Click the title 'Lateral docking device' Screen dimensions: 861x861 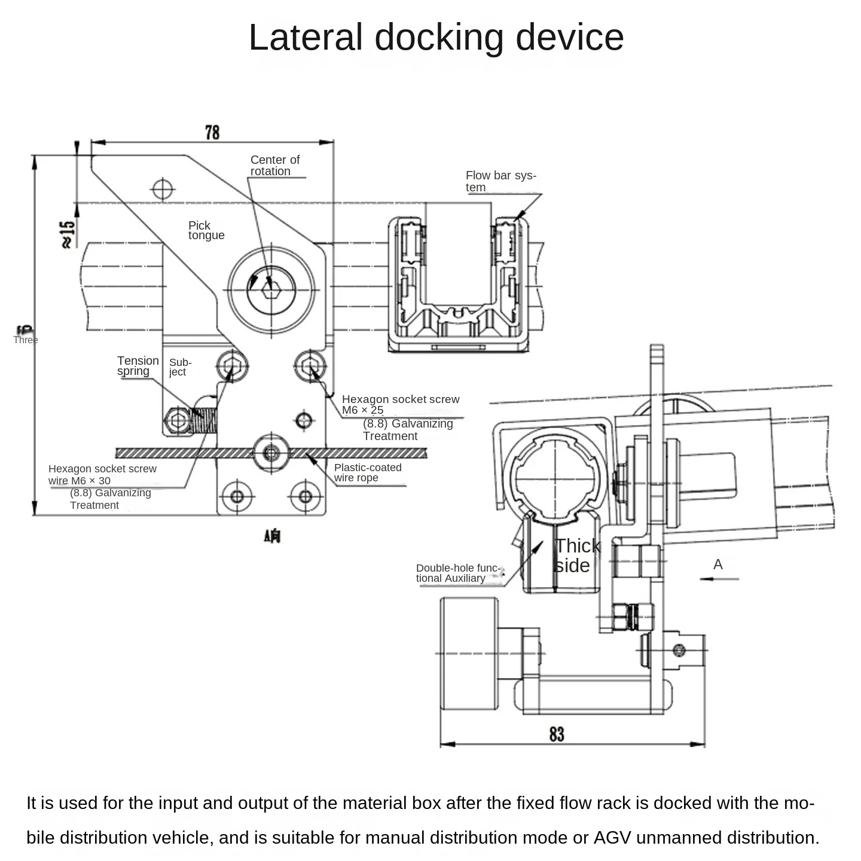point(436,37)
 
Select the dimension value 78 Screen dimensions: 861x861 point(212,132)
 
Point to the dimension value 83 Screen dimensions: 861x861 point(556,734)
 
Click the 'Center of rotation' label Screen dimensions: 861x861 point(274,166)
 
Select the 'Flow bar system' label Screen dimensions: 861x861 point(500,181)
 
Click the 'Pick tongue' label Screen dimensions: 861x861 point(206,230)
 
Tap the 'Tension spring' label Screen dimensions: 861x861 point(138,365)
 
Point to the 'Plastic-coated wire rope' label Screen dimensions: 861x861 point(367,472)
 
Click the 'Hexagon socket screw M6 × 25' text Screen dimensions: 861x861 point(400,404)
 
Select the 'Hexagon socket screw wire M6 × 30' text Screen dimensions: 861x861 point(102,475)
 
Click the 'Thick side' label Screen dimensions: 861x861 point(576,555)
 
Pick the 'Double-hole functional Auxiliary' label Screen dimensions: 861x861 point(457,573)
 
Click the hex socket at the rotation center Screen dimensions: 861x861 point(271,289)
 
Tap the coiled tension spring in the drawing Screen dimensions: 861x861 point(203,420)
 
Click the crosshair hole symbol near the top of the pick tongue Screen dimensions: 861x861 point(163,190)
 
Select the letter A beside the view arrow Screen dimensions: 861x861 point(717,564)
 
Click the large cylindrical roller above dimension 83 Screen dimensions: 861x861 point(469,654)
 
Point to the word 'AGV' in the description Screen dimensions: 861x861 point(612,837)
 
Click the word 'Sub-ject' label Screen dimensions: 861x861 point(180,367)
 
